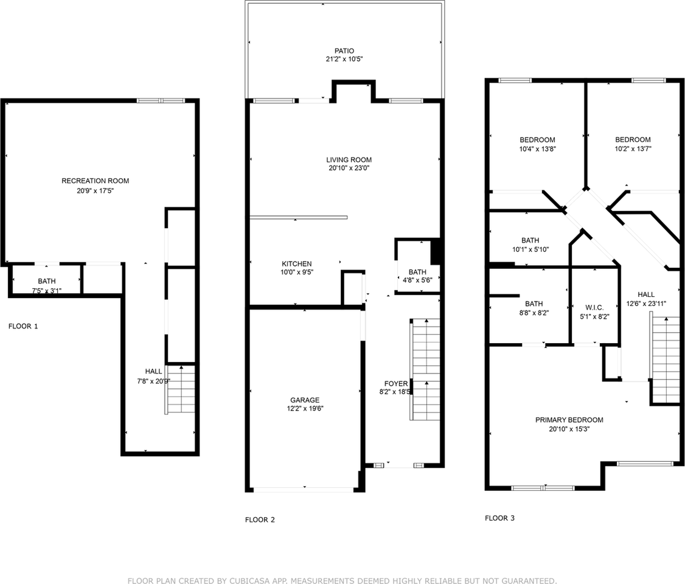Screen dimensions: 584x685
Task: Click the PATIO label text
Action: [x=344, y=51]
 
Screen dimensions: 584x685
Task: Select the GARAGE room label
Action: [x=305, y=400]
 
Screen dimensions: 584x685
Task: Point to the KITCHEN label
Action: [x=296, y=263]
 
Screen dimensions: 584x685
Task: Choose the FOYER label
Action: [x=395, y=383]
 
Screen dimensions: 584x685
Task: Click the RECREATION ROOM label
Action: [x=95, y=181]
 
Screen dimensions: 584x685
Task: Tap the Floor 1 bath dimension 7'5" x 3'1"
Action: [x=47, y=290]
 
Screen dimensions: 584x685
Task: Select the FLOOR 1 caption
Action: [x=23, y=326]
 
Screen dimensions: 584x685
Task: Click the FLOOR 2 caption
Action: [x=260, y=520]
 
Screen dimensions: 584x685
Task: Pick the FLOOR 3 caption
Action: [x=499, y=518]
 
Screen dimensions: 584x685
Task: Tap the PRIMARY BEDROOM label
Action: [x=569, y=420]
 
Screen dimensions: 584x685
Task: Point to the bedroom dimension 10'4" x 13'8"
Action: [x=537, y=148]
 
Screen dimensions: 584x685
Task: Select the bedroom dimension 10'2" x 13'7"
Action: [x=632, y=148]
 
